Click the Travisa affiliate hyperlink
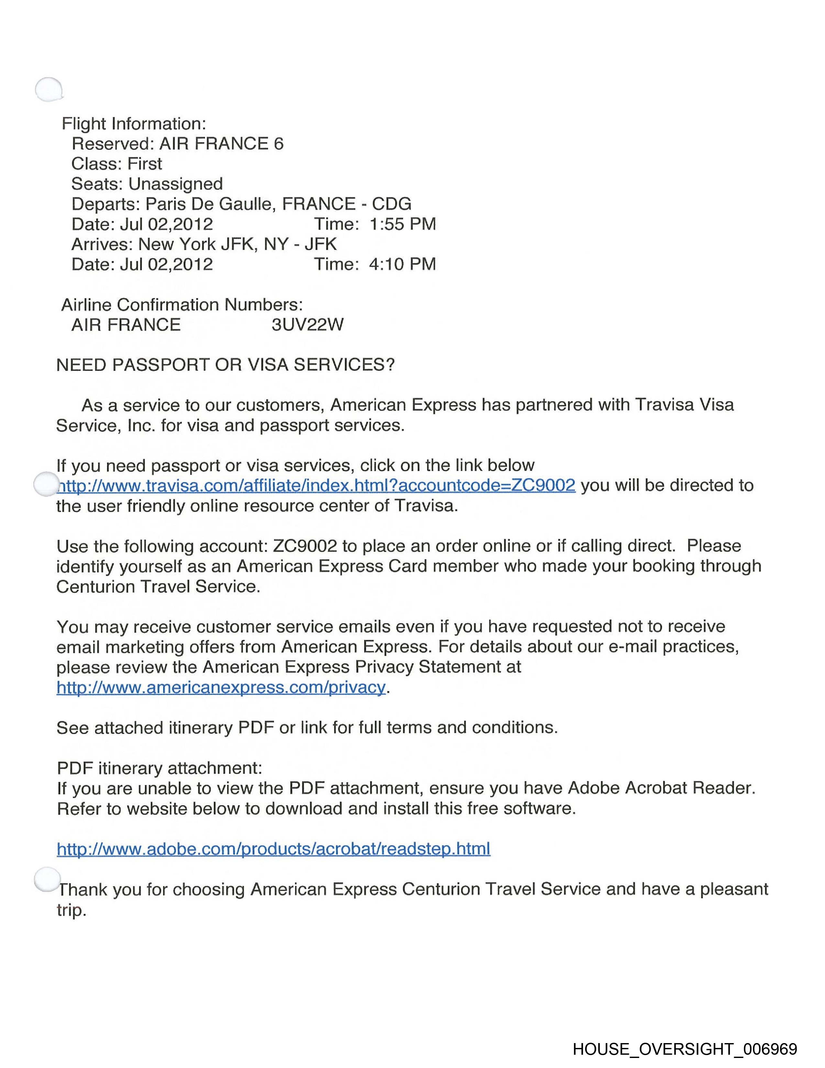coord(316,485)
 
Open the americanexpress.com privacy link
coord(221,687)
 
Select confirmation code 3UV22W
coord(307,325)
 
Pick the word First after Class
coord(145,164)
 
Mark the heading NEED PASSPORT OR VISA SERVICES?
coord(225,365)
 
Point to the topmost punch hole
coord(49,90)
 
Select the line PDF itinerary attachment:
coord(159,768)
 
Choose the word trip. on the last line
coord(71,910)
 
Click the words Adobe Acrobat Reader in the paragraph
coord(661,788)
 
